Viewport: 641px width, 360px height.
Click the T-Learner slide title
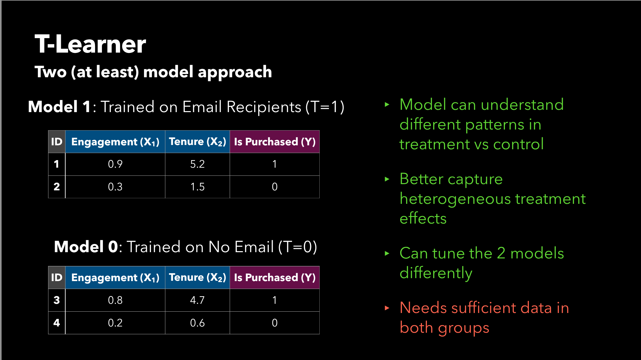point(90,44)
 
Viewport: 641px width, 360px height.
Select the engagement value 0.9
point(115,164)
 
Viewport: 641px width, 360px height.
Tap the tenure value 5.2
point(197,164)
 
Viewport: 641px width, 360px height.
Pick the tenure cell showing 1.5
point(197,187)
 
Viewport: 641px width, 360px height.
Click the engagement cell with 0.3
point(115,187)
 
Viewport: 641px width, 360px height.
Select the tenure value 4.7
point(197,300)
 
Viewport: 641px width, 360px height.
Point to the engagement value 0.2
point(115,323)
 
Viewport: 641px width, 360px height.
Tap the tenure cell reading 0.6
point(197,323)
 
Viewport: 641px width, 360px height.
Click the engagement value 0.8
point(115,300)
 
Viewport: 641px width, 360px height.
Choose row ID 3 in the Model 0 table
point(57,300)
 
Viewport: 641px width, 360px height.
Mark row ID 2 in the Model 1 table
point(57,187)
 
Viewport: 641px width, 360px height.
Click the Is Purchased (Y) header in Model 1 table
point(275,142)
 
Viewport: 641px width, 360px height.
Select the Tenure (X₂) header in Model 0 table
point(197,277)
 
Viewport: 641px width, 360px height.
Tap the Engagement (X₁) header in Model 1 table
point(115,142)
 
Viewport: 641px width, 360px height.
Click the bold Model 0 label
point(86,247)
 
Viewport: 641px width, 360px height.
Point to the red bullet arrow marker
point(387,308)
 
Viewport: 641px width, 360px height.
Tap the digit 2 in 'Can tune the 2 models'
point(501,253)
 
